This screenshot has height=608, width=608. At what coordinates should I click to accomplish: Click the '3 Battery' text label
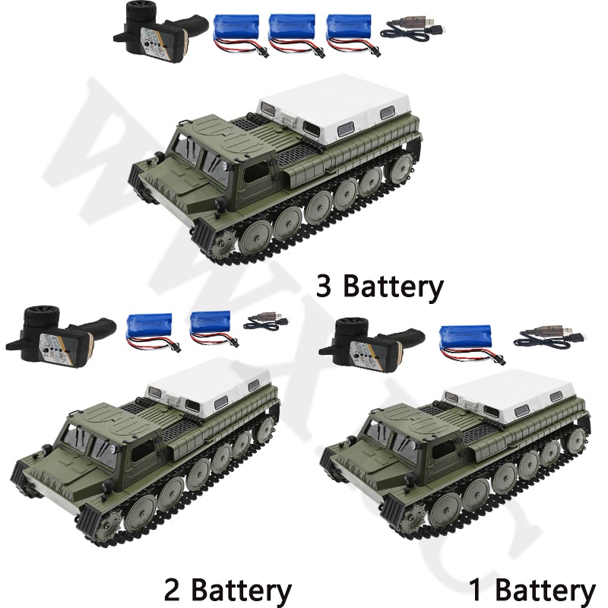tap(379, 287)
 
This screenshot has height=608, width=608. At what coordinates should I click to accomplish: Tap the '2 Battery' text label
tap(227, 590)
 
